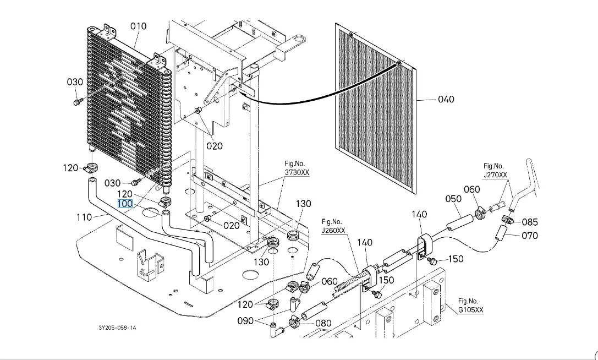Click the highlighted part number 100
coord(125,204)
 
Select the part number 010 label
coord(139,26)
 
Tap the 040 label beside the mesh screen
coord(446,99)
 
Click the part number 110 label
coord(84,217)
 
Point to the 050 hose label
coord(453,199)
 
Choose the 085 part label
coord(530,222)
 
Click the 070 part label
coord(530,236)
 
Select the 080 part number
coord(323,323)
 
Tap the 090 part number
coord(245,321)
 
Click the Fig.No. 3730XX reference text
coord(297,168)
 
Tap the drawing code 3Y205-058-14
coord(117,328)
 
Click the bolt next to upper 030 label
coord(78,101)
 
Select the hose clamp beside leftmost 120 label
coord(92,167)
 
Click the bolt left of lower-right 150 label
coord(432,261)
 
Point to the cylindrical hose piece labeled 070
coord(501,232)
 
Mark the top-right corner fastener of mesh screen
coord(398,63)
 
